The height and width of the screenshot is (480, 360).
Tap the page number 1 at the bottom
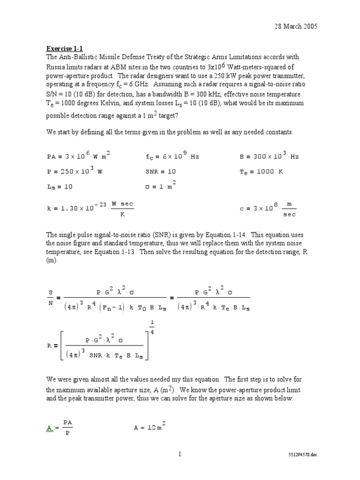180,454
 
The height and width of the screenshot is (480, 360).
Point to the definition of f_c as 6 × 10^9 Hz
172,156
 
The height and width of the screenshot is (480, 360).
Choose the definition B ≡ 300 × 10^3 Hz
269,156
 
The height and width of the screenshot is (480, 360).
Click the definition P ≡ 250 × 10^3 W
75,171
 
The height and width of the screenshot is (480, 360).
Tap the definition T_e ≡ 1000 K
261,172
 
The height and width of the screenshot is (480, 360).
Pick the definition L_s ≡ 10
60,186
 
